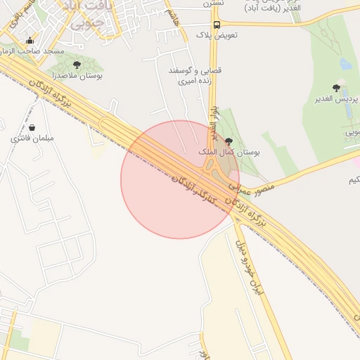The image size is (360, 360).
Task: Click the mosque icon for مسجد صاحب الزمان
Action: (29, 41)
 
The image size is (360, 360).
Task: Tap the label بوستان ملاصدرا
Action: (77, 75)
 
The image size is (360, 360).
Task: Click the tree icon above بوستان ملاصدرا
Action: (77, 65)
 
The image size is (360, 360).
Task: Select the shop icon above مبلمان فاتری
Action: (33, 128)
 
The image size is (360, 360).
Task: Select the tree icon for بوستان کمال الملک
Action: (228, 140)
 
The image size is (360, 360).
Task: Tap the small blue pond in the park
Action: (345, 64)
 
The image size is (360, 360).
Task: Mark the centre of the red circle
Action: (180, 179)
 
